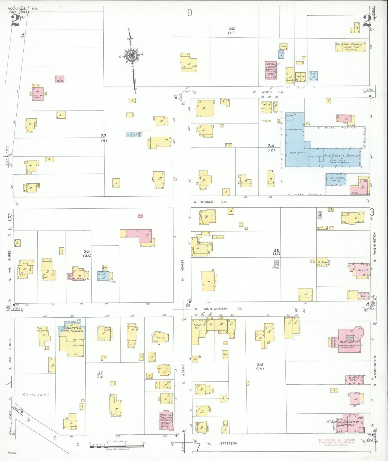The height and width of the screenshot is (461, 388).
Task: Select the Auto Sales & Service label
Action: click(340, 156)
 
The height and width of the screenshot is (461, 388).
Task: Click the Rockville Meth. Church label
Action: click(72, 329)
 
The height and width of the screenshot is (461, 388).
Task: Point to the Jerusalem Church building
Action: click(271, 70)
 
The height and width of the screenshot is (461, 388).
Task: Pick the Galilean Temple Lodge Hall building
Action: click(350, 47)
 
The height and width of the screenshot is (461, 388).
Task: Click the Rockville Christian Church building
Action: click(166, 420)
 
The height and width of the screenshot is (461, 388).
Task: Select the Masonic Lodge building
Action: click(354, 380)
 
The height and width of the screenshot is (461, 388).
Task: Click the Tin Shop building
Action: click(336, 179)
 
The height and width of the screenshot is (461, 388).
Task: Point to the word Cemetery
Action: click(36, 395)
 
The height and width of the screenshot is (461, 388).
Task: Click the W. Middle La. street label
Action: click(210, 202)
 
